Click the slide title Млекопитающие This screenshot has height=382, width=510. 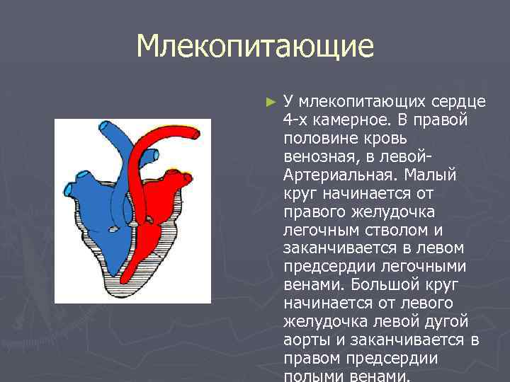pyautogui.click(x=255, y=47)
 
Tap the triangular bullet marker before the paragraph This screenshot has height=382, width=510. pyautogui.click(x=268, y=101)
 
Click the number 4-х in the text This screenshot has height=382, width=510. pyautogui.click(x=296, y=119)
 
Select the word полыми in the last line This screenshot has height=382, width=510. pyautogui.click(x=310, y=376)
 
